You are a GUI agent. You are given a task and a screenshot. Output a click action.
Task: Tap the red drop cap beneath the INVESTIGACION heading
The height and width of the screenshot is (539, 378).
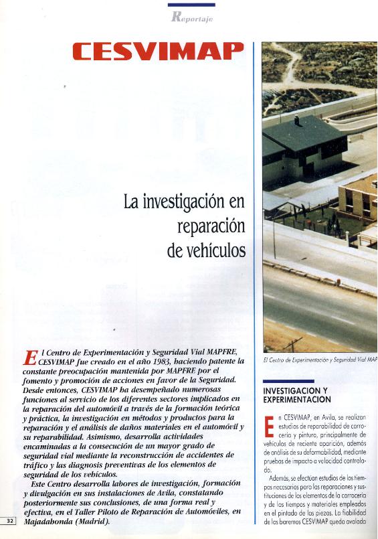(x=269, y=427)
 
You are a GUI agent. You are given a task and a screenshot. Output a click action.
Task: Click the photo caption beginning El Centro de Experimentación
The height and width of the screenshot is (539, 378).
(x=320, y=360)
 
